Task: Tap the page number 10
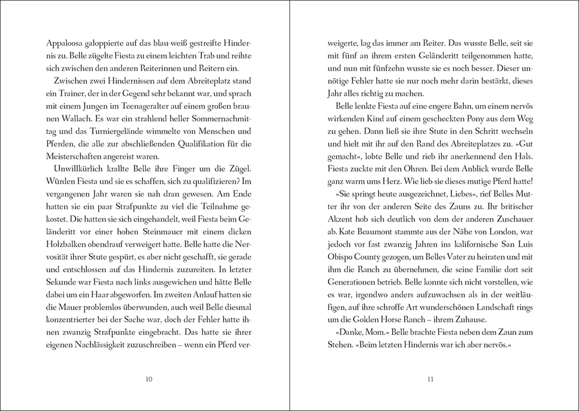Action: point(149,379)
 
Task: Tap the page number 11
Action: point(430,379)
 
